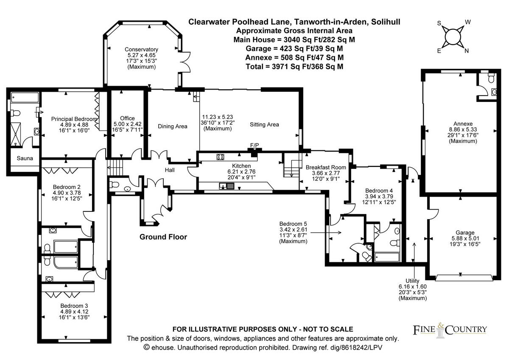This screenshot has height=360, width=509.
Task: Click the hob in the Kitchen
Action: pyautogui.click(x=221, y=157)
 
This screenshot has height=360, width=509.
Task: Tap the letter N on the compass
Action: pyautogui.click(x=467, y=51)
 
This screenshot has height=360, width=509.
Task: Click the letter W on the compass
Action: pyautogui.click(x=468, y=22)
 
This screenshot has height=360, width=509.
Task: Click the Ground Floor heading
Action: pyautogui.click(x=163, y=237)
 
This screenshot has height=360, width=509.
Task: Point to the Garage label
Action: pyautogui.click(x=465, y=233)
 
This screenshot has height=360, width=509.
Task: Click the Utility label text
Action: pyautogui.click(x=412, y=281)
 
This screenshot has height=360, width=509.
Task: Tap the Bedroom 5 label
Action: pyautogui.click(x=293, y=224)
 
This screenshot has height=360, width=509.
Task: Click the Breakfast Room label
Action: pyautogui.click(x=326, y=167)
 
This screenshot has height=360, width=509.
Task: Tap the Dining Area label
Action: pyautogui.click(x=172, y=126)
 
